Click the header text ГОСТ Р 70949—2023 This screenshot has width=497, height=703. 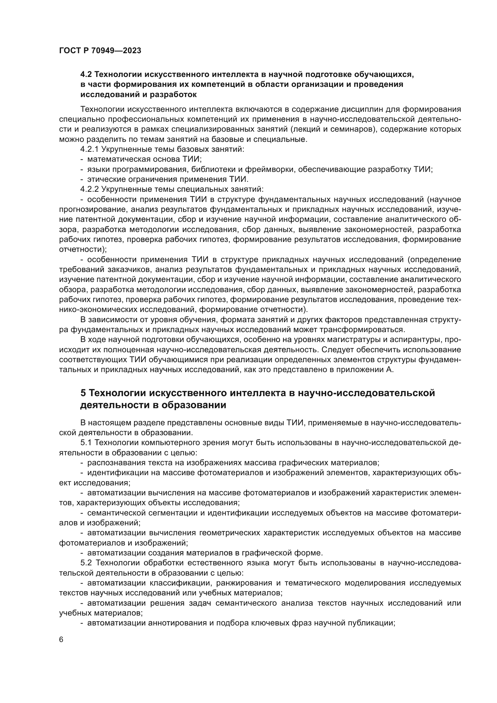(100, 51)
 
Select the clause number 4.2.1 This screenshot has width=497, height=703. (89, 149)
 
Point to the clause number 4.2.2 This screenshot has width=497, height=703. (89, 189)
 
